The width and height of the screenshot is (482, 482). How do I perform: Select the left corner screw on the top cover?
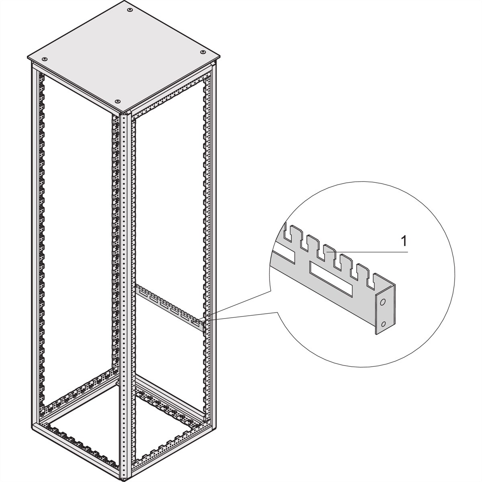pos(44,59)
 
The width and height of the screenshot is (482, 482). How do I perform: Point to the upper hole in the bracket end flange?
pos(382,303)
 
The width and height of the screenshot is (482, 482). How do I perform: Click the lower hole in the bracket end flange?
pos(383,325)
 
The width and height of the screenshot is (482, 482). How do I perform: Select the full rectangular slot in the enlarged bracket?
pos(331,272)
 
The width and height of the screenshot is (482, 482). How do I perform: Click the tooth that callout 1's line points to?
pos(329,251)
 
